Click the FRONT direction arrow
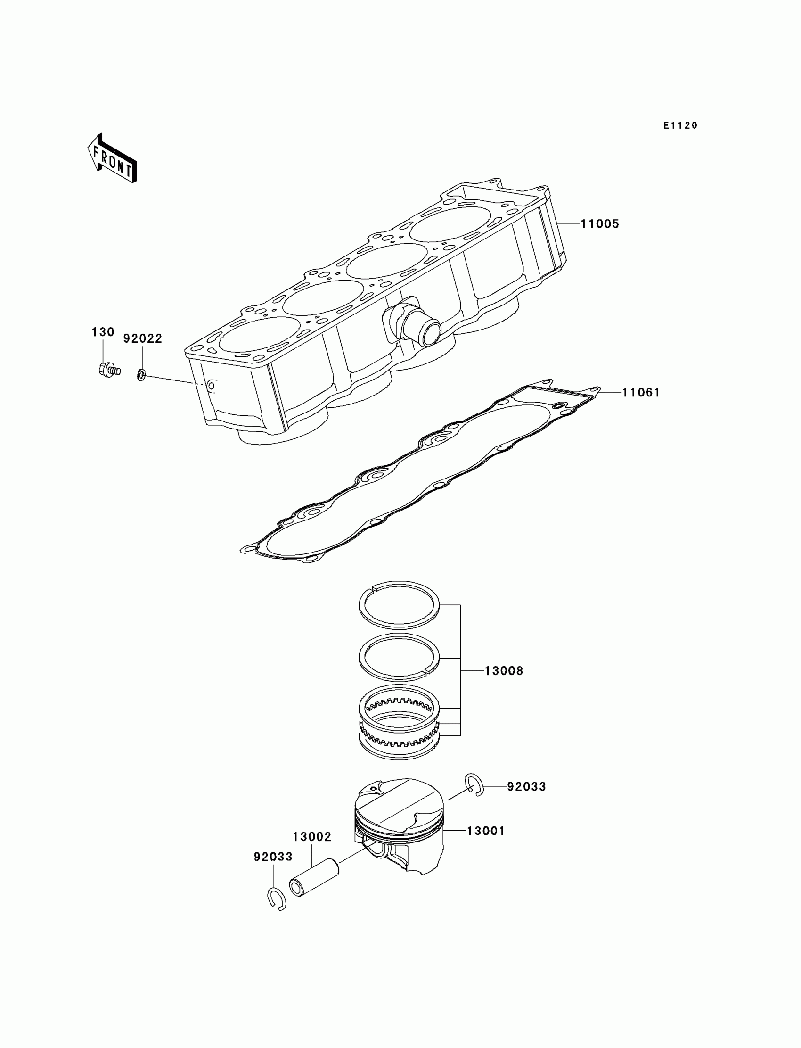(x=112, y=158)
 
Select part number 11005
(x=599, y=224)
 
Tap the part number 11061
(x=641, y=393)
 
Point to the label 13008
(x=504, y=671)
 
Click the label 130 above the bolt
(x=103, y=332)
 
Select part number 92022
(x=143, y=338)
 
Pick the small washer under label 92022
(x=142, y=375)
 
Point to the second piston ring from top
(x=399, y=657)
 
